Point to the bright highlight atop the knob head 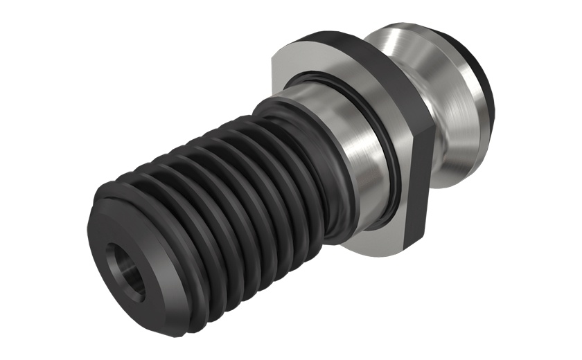click(402, 35)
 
